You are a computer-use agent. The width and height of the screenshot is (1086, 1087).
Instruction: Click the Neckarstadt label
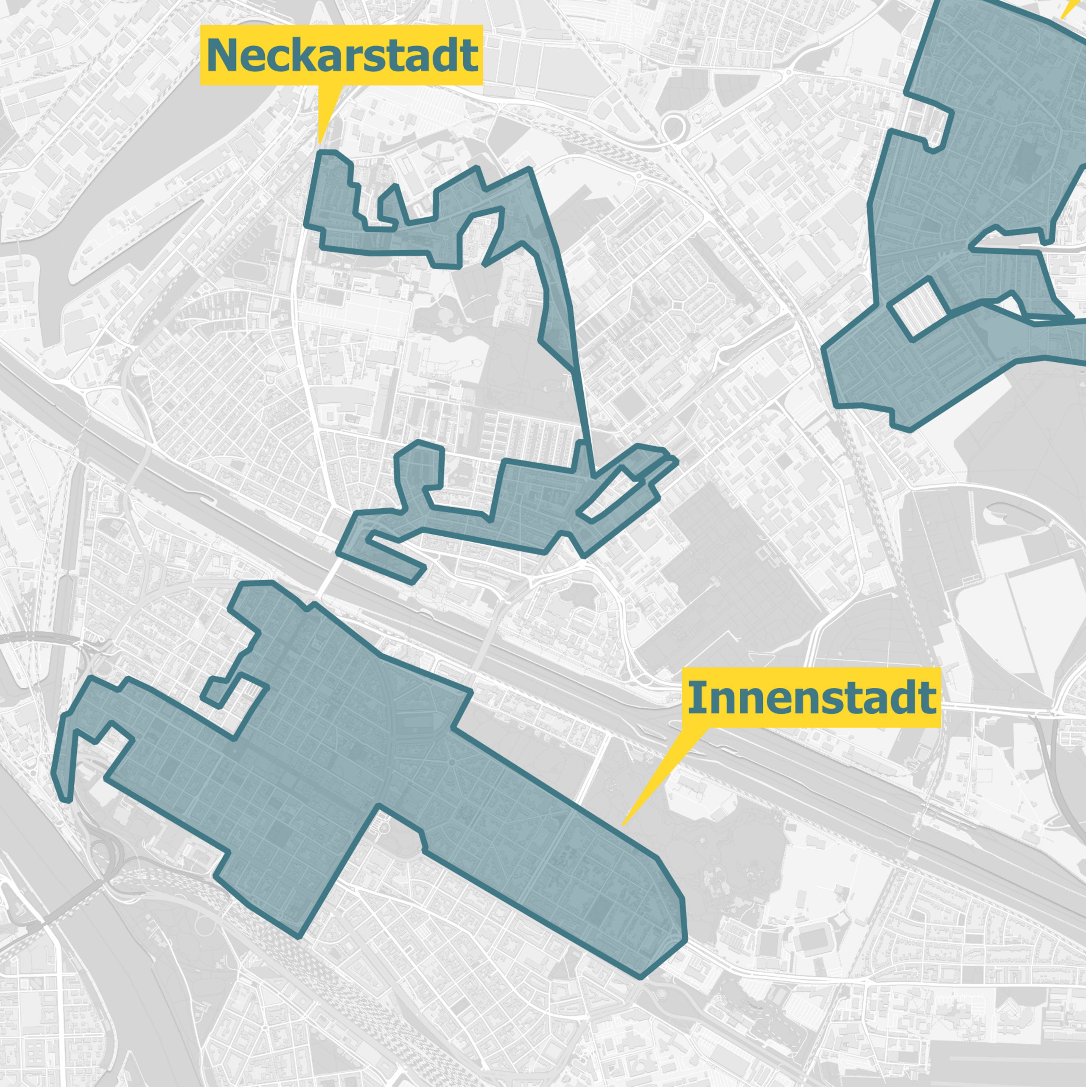point(341,55)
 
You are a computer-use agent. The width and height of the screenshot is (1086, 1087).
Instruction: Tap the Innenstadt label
point(812,698)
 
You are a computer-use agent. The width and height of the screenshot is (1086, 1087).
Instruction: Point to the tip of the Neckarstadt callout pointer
point(319,142)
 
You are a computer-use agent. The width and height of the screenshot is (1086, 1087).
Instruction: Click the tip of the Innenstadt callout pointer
point(622,825)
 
